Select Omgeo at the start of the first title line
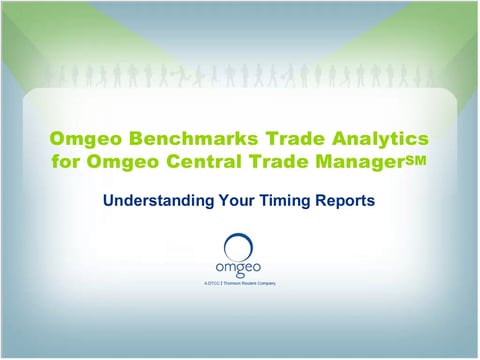[83, 137]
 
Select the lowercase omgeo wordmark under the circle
[238, 267]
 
